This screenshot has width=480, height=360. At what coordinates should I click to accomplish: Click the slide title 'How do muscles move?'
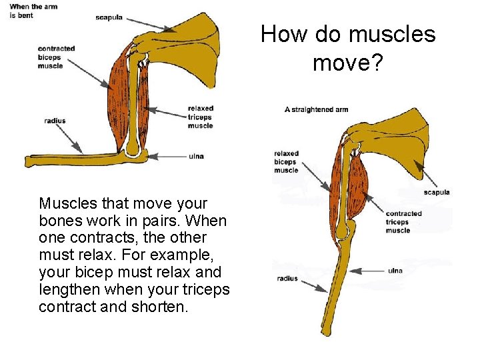point(347,48)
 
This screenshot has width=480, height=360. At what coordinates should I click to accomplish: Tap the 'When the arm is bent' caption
point(33,11)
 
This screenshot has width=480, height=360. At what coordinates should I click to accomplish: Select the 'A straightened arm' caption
point(317,109)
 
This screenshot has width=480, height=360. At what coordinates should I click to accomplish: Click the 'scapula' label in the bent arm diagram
point(109,17)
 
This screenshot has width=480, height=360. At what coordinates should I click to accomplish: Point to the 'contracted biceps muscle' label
point(56,57)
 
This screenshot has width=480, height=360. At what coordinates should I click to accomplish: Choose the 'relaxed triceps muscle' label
point(200,117)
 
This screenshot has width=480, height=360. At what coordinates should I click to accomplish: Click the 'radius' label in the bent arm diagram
point(55,121)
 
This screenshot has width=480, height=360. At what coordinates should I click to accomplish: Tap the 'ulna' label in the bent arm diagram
point(196,156)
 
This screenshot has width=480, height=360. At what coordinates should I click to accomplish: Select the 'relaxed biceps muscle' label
point(286,162)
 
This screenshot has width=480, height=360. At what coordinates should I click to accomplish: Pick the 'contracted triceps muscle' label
point(403,222)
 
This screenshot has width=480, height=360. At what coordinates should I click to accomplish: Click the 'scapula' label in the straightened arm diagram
point(437,193)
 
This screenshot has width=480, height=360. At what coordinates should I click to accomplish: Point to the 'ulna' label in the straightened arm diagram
point(395,271)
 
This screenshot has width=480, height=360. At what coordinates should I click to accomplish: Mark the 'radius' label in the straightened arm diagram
point(287,279)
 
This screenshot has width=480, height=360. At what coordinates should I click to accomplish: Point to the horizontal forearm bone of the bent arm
point(73,160)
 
